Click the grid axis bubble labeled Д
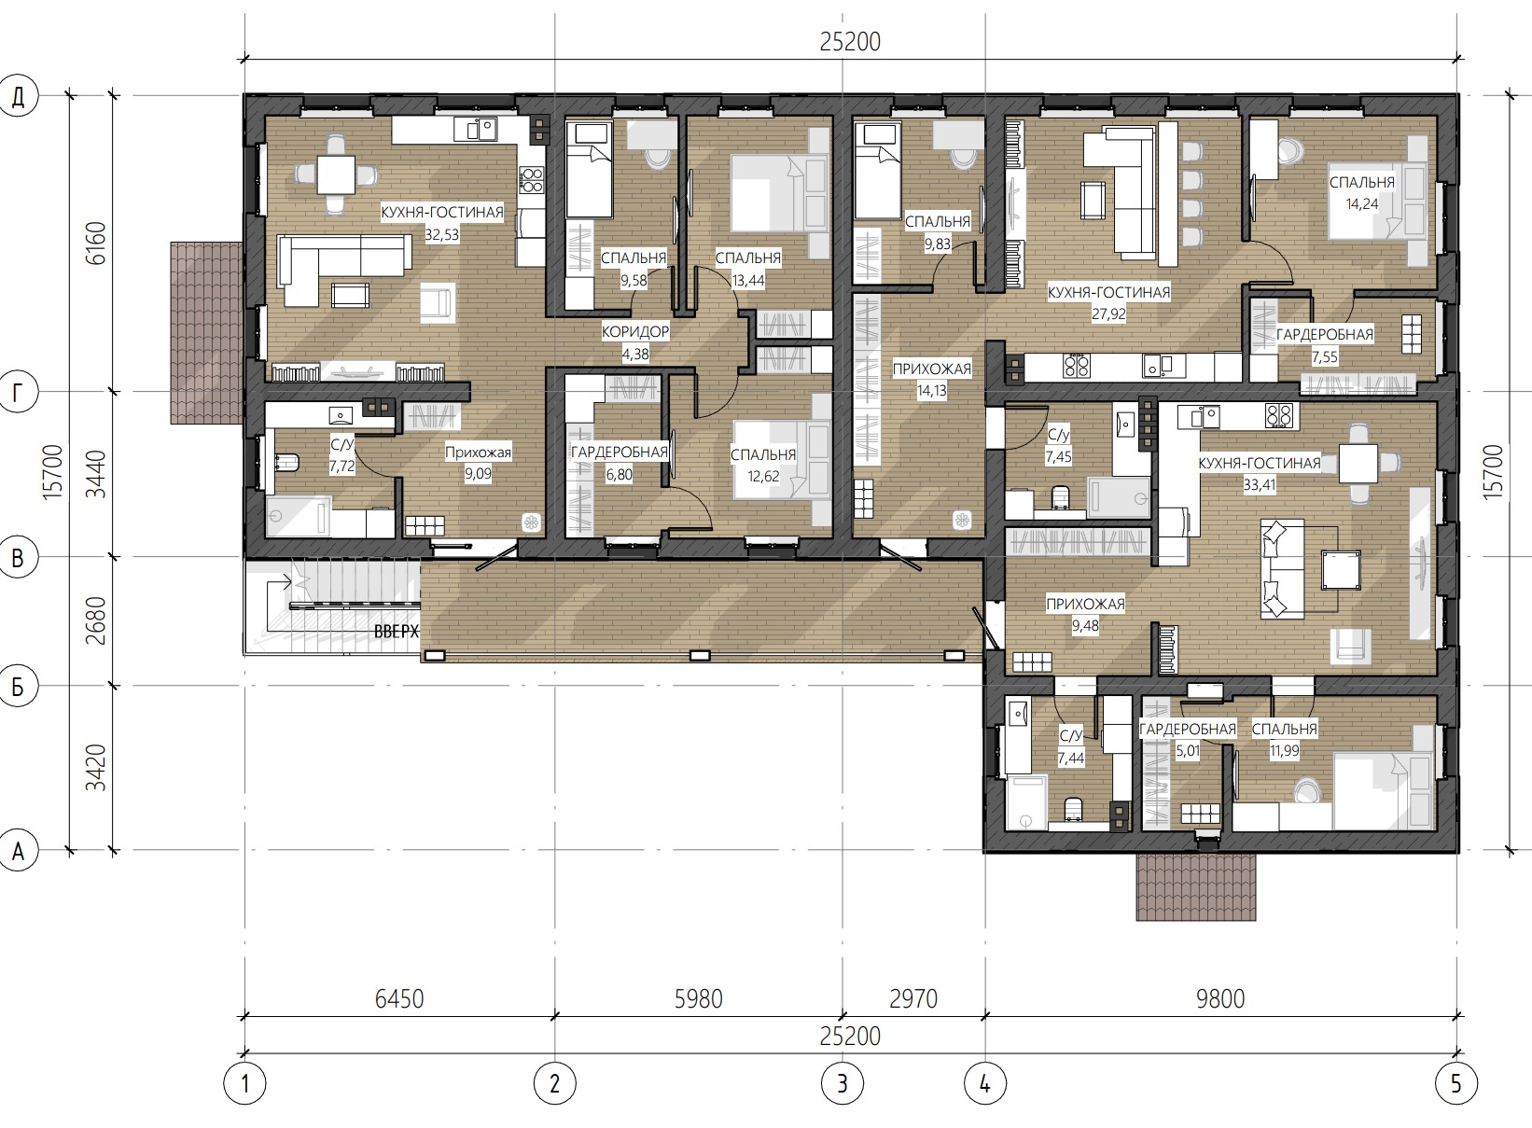tap(18, 96)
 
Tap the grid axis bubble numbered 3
tap(842, 1083)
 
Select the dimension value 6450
tap(399, 999)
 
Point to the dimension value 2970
tap(913, 999)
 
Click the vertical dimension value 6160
tap(96, 243)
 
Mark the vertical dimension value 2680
tap(96, 621)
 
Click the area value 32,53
tap(442, 234)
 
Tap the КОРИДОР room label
tap(635, 332)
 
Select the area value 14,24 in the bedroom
tap(1361, 203)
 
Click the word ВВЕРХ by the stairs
tap(397, 632)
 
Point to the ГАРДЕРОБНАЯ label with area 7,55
tap(1325, 335)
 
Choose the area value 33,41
tap(1260, 485)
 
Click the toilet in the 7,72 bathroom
tap(287, 463)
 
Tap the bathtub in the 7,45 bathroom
tap(1119, 497)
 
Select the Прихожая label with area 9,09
tap(478, 453)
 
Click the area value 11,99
tap(1285, 750)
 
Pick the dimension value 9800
tap(1220, 999)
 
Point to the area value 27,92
tap(1108, 314)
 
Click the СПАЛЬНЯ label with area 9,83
tap(937, 222)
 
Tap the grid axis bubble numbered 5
tap(1456, 1083)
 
